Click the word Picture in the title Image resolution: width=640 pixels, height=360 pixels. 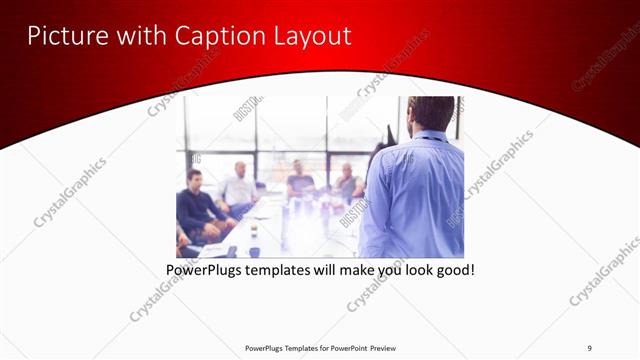(x=63, y=36)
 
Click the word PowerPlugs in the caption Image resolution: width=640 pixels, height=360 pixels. (x=206, y=270)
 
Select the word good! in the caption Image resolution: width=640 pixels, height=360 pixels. (x=451, y=270)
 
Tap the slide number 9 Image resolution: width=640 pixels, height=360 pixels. (x=590, y=347)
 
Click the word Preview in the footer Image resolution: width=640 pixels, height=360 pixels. (x=388, y=347)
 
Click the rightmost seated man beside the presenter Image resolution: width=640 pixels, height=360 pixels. (x=348, y=183)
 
